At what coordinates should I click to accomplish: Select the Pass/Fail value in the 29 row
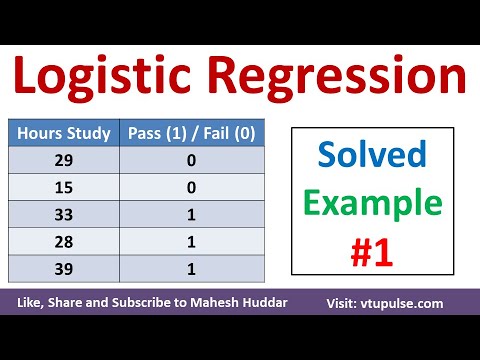point(191,159)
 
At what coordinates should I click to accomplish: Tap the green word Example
point(373,203)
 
